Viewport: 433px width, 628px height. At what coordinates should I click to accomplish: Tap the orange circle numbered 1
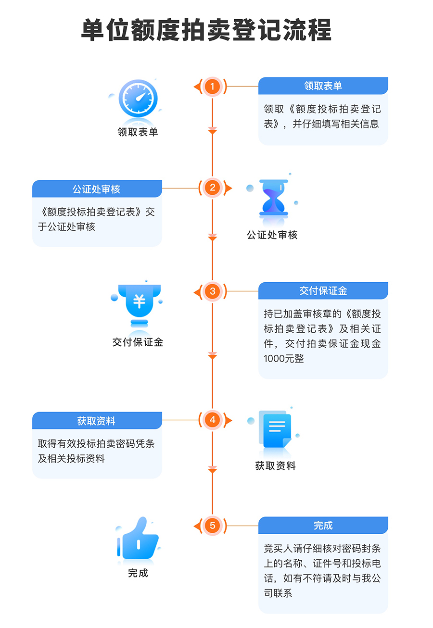[x=212, y=87]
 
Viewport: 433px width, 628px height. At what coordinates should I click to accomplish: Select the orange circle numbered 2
[x=212, y=188]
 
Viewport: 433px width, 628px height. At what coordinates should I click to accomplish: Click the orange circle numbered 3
[x=212, y=291]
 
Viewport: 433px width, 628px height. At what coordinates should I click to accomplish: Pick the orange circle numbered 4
[x=212, y=420]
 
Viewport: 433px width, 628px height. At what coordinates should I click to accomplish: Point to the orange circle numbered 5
[x=212, y=526]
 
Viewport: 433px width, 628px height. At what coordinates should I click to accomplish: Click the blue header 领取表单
[x=323, y=86]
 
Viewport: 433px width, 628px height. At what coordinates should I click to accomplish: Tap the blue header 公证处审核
[x=97, y=189]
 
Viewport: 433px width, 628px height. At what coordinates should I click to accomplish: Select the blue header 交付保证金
[x=323, y=291]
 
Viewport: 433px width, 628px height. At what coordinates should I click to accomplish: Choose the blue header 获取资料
[x=97, y=421]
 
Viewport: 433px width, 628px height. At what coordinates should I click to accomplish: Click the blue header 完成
[x=323, y=526]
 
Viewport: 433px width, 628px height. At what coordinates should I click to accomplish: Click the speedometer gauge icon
[x=138, y=98]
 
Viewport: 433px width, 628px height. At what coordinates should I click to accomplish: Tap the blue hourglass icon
[x=273, y=197]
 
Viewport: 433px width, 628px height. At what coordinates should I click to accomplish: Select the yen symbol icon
[x=139, y=302]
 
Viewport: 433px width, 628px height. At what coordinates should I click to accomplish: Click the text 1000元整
[x=284, y=358]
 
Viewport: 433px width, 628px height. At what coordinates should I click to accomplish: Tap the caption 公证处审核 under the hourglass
[x=272, y=235]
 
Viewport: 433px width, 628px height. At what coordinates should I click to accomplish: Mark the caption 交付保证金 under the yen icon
[x=138, y=342]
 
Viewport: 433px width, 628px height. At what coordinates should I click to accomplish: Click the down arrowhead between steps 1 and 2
[x=212, y=130]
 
